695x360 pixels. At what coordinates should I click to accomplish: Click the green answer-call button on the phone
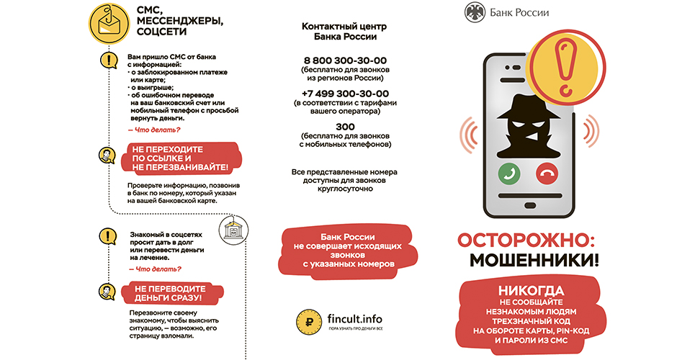point(509,173)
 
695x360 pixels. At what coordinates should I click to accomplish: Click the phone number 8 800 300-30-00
point(345,60)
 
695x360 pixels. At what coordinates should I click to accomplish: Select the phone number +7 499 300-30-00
point(345,94)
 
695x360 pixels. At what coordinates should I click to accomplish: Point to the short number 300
point(345,127)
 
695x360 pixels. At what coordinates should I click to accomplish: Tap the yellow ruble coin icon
point(308,322)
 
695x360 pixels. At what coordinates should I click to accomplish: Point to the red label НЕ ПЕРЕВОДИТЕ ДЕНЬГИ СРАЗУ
point(167,292)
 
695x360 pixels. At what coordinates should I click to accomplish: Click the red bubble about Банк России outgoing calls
point(345,251)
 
